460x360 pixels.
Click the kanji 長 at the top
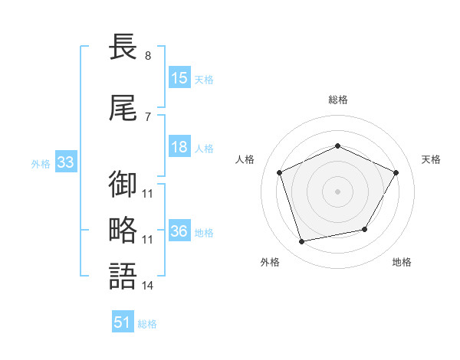coord(123,47)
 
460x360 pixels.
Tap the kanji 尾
coord(123,108)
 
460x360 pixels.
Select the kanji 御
coord(123,184)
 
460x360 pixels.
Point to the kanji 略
coord(123,230)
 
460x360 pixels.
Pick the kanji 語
coord(123,276)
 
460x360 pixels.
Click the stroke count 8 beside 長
coord(148,56)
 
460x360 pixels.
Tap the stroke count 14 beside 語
coord(147,286)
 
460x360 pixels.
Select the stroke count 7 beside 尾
coord(148,117)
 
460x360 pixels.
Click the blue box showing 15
coord(180,77)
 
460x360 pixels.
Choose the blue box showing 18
coord(180,146)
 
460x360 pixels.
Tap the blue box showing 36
coord(180,230)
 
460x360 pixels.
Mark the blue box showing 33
coord(66,162)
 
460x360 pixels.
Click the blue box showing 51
coord(123,321)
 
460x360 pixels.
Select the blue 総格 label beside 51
coord(147,324)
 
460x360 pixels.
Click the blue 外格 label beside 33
coord(41,164)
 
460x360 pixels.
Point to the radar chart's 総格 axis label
coord(338,100)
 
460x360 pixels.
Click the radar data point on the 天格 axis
coord(396,172)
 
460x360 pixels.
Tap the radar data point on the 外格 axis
coord(301,242)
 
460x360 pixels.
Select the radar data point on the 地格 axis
coord(365,229)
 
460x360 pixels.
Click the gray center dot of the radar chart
coord(337,191)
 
